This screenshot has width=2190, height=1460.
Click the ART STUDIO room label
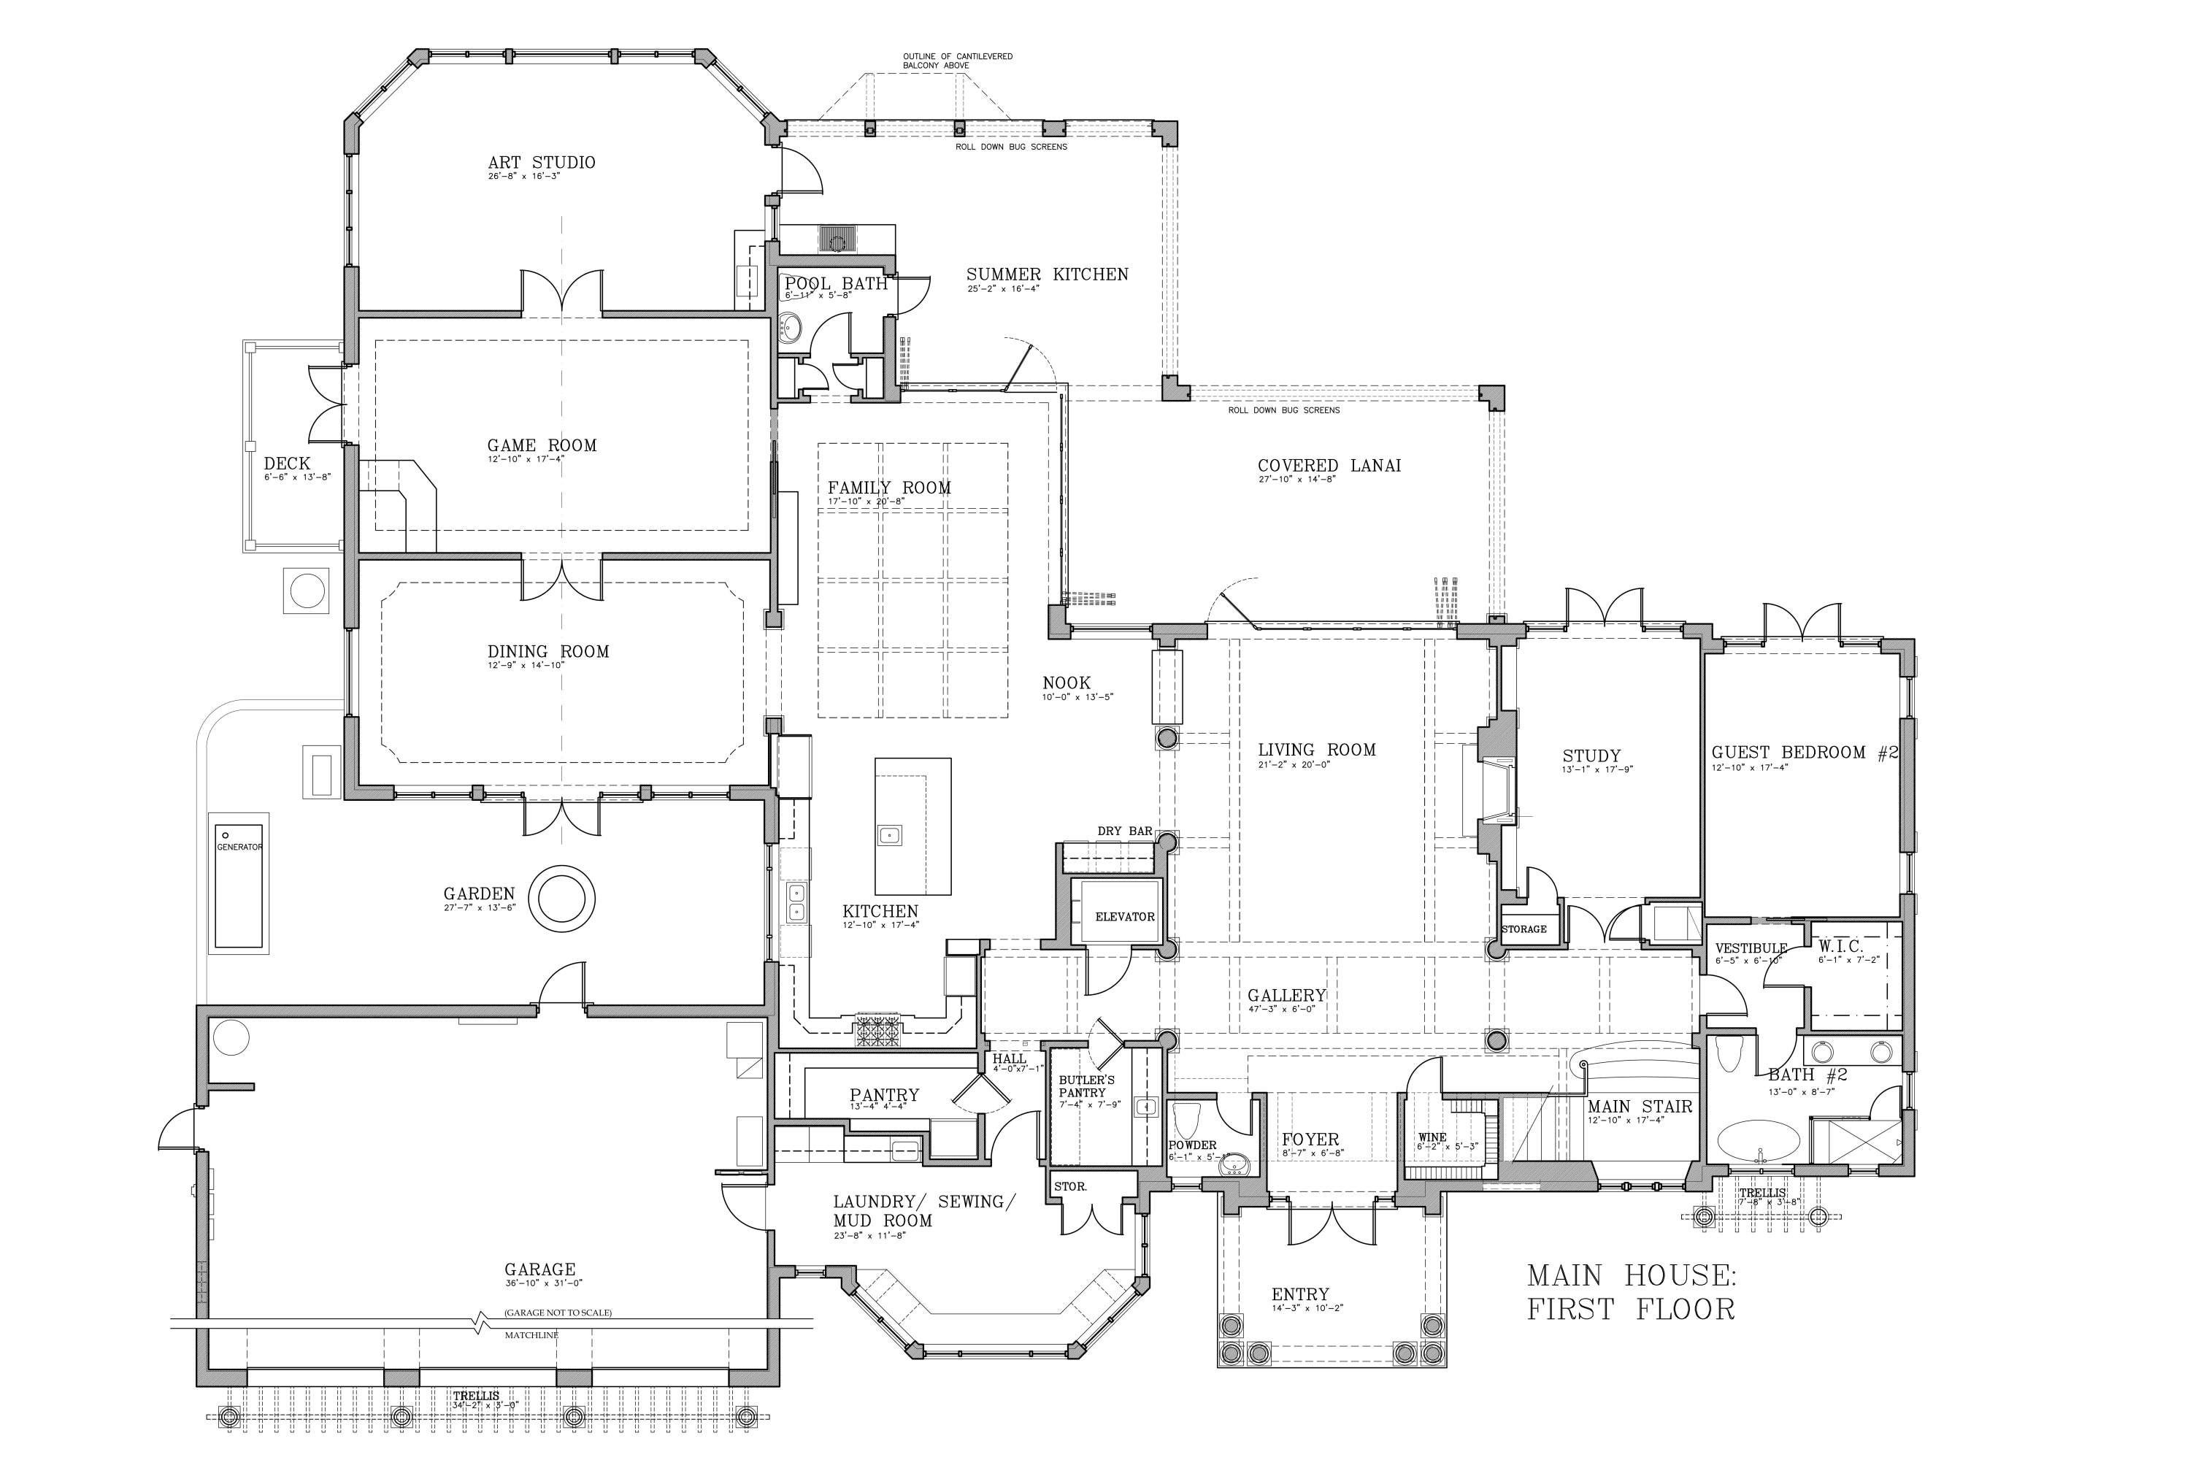[x=541, y=163]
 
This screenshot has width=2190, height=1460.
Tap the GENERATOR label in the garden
[x=239, y=848]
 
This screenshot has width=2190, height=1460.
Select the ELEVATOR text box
[x=1124, y=917]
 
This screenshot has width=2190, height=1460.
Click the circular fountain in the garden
[x=561, y=899]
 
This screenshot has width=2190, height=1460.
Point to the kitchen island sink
[x=889, y=834]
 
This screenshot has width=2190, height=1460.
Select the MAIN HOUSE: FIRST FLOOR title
[x=1630, y=1292]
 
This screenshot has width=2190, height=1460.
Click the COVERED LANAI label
[x=1329, y=466]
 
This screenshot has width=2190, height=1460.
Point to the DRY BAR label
[x=1124, y=831]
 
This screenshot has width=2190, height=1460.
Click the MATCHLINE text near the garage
[x=531, y=1335]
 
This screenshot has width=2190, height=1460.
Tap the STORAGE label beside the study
[x=1524, y=929]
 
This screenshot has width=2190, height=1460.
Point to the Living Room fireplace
[x=1494, y=791]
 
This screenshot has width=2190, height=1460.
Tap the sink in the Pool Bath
[x=791, y=327]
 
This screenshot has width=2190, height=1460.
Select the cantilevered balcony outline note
[x=956, y=61]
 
